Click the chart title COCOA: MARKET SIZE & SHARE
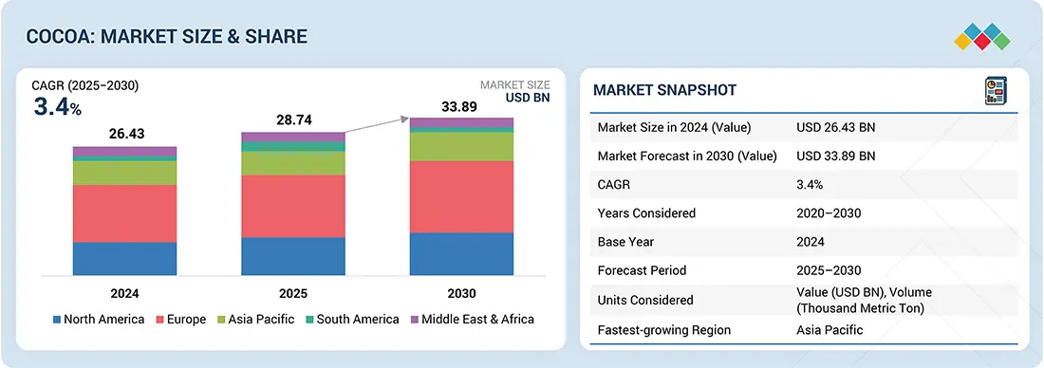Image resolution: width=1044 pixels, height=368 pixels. [x=166, y=36]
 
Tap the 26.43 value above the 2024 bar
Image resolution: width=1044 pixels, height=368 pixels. [x=126, y=135]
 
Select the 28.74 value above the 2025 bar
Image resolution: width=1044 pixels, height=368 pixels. [x=293, y=120]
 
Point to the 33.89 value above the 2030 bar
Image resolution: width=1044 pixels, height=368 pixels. [x=458, y=106]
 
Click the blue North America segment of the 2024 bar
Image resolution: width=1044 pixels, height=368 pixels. [x=125, y=258]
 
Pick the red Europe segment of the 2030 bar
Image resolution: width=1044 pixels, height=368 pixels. [x=461, y=197]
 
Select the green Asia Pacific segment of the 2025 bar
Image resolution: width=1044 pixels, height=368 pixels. [x=293, y=163]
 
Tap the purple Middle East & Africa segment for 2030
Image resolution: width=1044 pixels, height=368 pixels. [x=461, y=122]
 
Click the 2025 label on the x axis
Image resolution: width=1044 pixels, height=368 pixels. [x=293, y=293]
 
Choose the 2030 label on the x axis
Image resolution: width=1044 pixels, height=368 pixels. [x=461, y=293]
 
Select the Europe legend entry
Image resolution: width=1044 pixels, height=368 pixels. [x=181, y=320]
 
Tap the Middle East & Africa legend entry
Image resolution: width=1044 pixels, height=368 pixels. [x=472, y=320]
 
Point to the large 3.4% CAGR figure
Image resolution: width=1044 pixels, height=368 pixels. [x=57, y=107]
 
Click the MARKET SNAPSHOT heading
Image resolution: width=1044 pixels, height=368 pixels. [x=664, y=90]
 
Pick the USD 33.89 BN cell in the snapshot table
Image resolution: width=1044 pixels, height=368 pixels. [x=835, y=156]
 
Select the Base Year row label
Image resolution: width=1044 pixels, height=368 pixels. [x=625, y=242]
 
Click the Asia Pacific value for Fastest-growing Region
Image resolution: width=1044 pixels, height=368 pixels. [x=830, y=330]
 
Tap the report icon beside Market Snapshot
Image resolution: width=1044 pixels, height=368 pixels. [x=996, y=90]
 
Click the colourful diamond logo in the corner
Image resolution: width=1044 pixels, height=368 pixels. [x=981, y=37]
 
